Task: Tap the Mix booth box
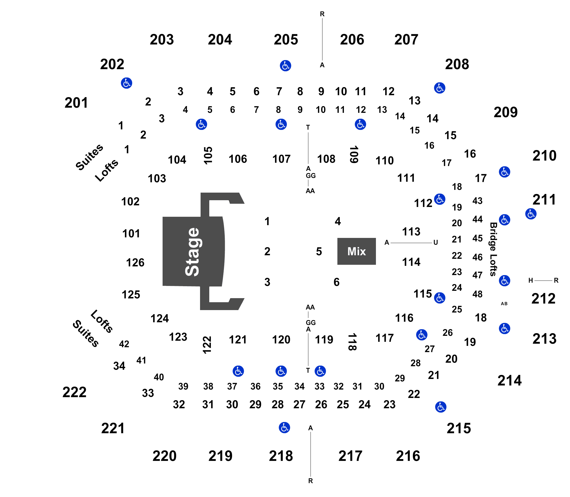(x=356, y=251)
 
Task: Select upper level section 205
(x=286, y=40)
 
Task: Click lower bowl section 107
(x=281, y=159)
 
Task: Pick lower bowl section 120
(x=281, y=339)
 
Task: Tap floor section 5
(x=319, y=251)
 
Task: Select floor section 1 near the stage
(x=267, y=221)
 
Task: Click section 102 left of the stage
(x=131, y=201)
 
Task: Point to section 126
(x=135, y=262)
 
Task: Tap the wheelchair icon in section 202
(x=126, y=83)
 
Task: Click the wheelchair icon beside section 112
(x=439, y=199)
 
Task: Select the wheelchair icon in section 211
(x=531, y=214)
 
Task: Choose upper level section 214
(x=509, y=380)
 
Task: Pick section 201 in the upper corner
(x=76, y=103)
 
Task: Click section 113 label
(x=411, y=231)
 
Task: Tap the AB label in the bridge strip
(x=504, y=304)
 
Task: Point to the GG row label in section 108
(x=311, y=176)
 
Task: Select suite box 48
(x=477, y=294)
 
